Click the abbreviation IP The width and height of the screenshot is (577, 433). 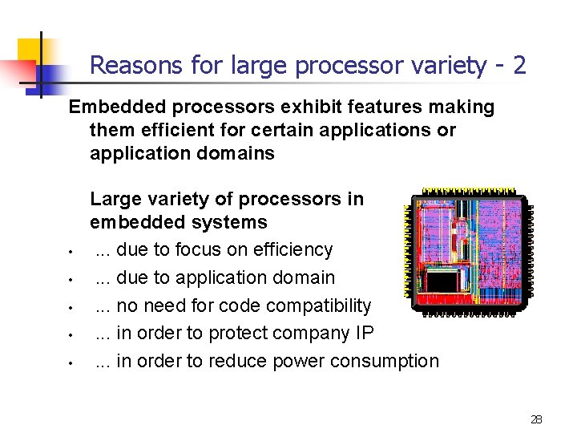(x=363, y=334)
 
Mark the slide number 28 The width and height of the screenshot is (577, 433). (x=536, y=419)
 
